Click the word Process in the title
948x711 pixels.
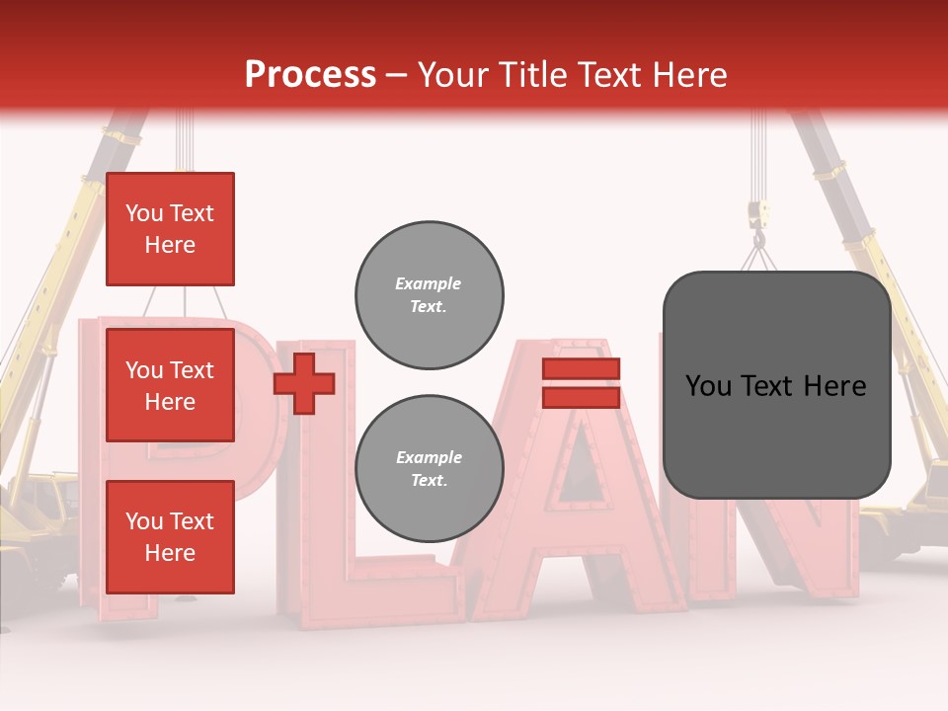point(310,75)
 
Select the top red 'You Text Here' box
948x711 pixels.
point(170,229)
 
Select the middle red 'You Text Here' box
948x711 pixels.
point(170,385)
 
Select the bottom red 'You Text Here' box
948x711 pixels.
point(170,537)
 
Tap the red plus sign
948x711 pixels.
point(304,383)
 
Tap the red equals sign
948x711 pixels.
point(581,383)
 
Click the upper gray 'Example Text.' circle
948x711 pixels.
point(430,294)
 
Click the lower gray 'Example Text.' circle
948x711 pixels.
point(430,468)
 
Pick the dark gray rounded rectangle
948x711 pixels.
point(776,385)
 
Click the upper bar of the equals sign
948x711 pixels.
point(581,369)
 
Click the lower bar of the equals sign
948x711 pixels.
point(581,397)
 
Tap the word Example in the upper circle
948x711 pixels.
point(429,283)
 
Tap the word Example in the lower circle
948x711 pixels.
point(429,457)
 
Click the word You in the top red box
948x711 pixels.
point(144,213)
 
